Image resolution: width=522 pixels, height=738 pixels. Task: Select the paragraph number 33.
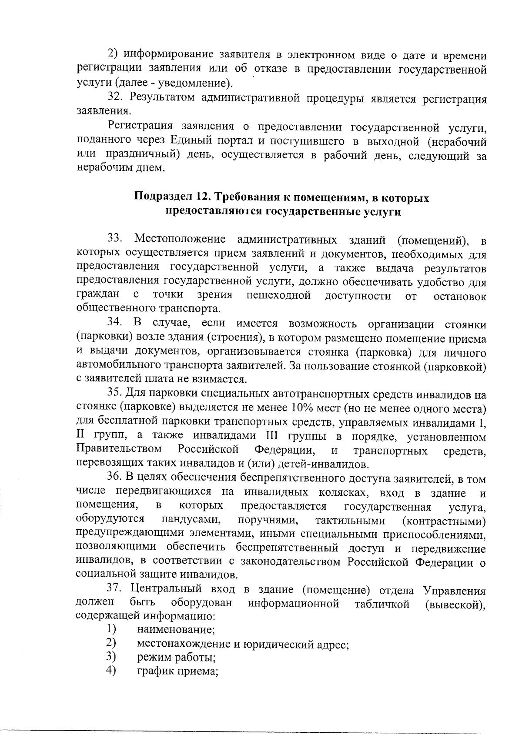[x=116, y=239]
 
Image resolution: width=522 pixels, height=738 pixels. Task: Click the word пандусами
[x=190, y=520]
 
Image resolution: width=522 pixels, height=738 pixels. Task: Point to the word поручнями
[x=268, y=520]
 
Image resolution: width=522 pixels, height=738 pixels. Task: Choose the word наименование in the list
[x=176, y=630]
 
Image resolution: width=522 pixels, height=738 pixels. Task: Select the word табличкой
[x=382, y=604]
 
